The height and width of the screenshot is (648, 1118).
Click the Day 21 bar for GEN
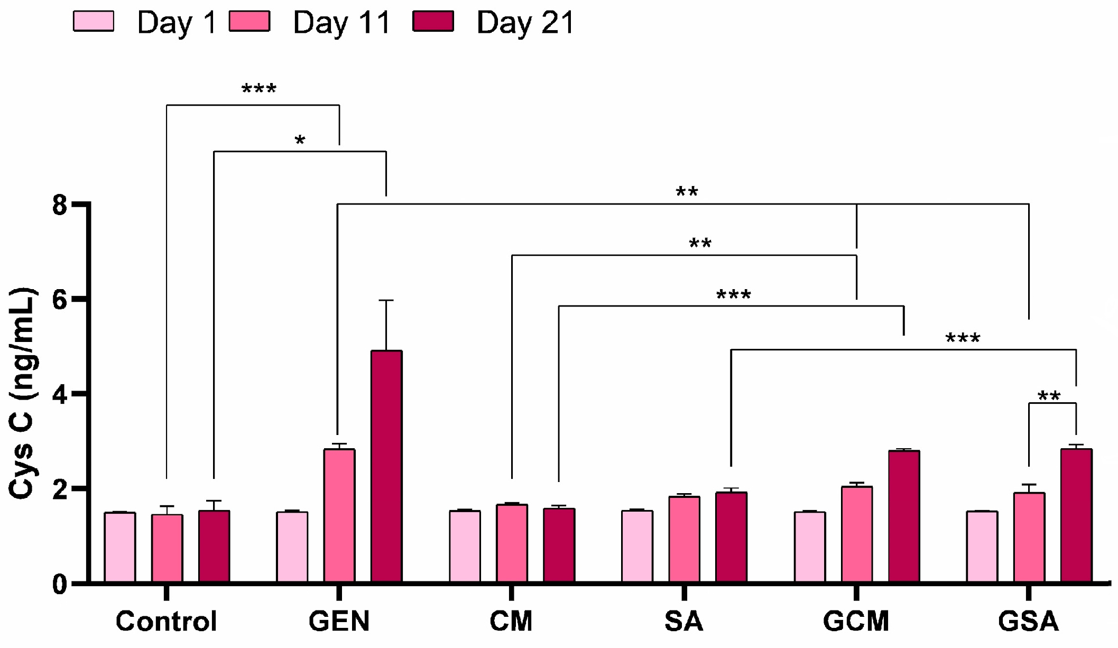click(386, 466)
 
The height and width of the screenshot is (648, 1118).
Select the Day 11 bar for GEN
click(339, 516)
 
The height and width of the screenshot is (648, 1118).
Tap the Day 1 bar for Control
click(119, 547)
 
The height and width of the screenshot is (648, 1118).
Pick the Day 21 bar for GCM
click(904, 516)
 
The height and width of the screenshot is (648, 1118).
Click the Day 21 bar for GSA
click(1076, 516)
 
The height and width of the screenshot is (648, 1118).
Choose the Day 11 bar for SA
click(684, 539)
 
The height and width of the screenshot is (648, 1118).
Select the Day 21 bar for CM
click(559, 545)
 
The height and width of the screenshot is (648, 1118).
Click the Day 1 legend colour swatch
click(94, 22)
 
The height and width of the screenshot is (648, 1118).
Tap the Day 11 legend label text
click(341, 23)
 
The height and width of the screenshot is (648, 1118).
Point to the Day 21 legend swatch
click(433, 22)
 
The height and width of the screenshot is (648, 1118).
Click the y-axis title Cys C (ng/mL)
click(22, 394)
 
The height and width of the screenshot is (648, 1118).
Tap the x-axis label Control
click(167, 622)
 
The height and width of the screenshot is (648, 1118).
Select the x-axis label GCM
click(856, 622)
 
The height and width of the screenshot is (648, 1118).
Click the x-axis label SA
click(684, 622)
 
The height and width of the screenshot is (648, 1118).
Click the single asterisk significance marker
click(300, 141)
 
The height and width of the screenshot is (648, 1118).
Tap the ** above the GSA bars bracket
click(1049, 395)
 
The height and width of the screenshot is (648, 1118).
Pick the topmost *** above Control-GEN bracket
click(258, 89)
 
